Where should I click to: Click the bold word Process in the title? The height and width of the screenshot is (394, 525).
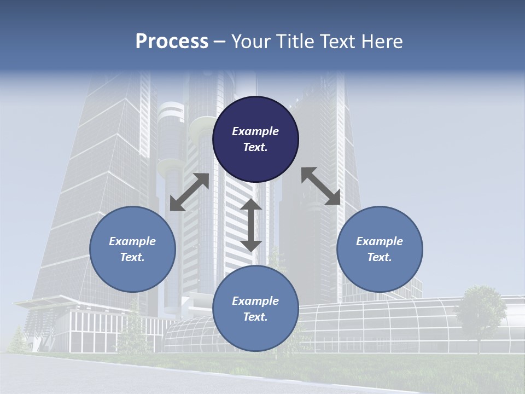point(172,42)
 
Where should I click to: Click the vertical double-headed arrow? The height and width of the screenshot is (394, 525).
point(251,225)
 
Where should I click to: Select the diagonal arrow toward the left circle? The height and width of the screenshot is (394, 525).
point(189,192)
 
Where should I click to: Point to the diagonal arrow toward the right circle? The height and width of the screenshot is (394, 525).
point(321,186)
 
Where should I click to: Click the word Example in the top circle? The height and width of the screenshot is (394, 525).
point(255,131)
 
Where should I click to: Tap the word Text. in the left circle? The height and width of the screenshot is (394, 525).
point(132,257)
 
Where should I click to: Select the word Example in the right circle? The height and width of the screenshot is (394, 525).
point(380,241)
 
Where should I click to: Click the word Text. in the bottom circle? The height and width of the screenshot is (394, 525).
point(255,317)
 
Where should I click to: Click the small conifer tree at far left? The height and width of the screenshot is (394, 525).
point(17,339)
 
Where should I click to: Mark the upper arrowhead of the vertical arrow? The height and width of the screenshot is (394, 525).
point(251,205)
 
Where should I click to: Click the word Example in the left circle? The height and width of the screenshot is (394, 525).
point(132,241)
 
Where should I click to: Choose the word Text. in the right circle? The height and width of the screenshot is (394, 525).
point(380,257)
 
